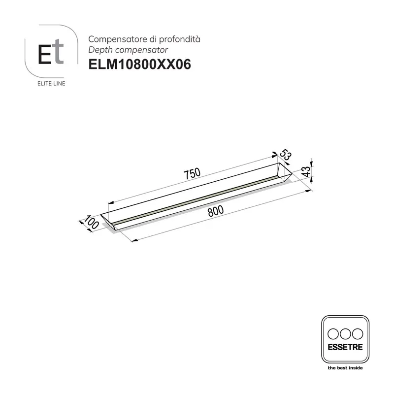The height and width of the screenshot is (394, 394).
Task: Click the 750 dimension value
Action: tap(192, 173)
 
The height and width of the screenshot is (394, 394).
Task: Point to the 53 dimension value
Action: tap(287, 155)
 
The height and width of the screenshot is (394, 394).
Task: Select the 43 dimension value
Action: tap(306, 172)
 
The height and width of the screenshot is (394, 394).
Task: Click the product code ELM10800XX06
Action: tap(139, 65)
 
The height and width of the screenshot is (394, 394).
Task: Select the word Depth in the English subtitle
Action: tap(98, 50)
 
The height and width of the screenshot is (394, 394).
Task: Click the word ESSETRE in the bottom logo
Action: tap(345, 346)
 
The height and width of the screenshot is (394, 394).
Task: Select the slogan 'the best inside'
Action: tap(345, 367)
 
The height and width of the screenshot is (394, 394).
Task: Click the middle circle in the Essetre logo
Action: tap(345, 333)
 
